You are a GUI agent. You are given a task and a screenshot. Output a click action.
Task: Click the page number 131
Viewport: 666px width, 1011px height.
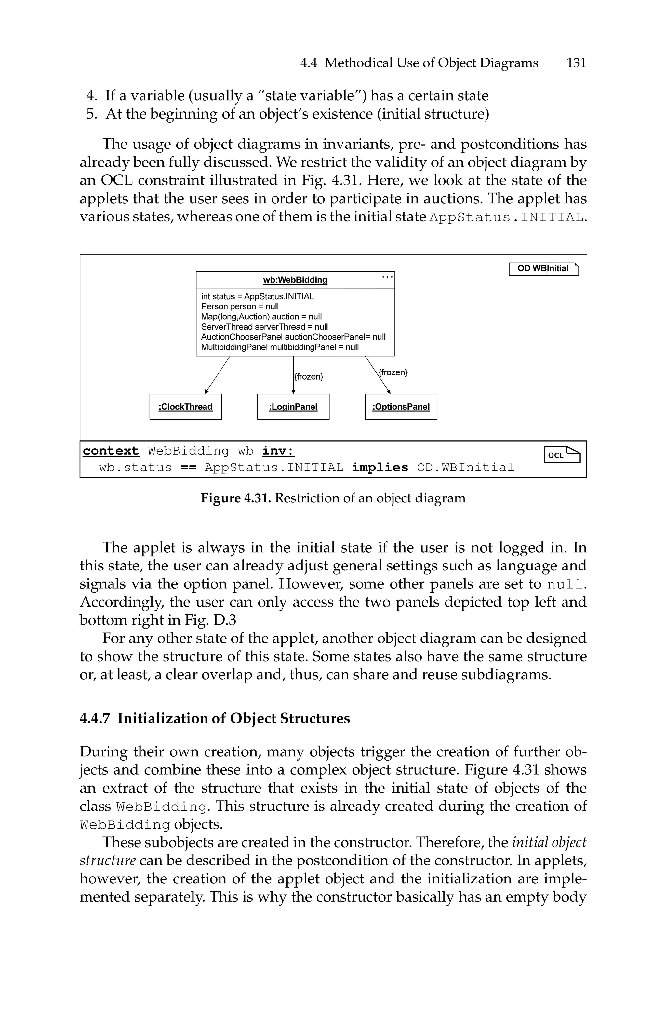point(576,63)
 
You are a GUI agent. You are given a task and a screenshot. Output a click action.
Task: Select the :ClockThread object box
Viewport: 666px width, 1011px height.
point(186,407)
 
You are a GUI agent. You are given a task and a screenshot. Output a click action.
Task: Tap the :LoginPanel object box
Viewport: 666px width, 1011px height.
point(293,407)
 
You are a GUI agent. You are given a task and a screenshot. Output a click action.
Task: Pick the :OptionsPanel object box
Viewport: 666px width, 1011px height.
point(401,407)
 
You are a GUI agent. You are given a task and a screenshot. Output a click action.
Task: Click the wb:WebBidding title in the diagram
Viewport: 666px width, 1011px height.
point(295,280)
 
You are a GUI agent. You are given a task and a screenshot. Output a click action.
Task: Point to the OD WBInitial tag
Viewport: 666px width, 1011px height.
point(543,269)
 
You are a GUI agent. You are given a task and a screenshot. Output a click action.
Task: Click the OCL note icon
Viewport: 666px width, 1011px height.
point(562,455)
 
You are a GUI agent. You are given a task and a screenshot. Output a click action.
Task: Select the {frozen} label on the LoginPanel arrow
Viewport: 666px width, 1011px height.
point(309,377)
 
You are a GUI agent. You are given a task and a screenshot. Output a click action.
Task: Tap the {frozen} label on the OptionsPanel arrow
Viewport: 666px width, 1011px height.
point(393,372)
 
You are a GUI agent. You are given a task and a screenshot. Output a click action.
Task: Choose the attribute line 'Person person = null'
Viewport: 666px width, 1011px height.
point(240,306)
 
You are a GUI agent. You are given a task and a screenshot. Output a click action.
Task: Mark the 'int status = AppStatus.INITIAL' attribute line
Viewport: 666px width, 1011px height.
point(258,296)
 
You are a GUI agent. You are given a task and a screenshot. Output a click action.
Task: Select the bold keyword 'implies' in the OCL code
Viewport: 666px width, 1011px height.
point(380,468)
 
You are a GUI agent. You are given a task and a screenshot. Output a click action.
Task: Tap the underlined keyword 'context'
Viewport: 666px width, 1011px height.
point(111,451)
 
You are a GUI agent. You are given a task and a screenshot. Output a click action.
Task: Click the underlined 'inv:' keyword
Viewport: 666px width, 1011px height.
point(278,451)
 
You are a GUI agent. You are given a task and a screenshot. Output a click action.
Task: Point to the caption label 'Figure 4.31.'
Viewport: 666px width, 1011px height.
point(236,498)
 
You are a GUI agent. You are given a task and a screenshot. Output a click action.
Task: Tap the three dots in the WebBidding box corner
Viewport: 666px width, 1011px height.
point(387,277)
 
